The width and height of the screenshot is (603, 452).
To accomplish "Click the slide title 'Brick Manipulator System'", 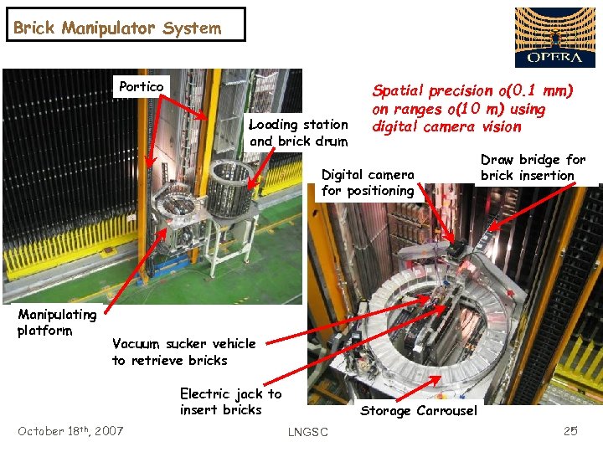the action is tap(117, 28).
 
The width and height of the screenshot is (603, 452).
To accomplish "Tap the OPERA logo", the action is tap(555, 38).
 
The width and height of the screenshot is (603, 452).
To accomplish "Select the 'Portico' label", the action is tap(142, 86).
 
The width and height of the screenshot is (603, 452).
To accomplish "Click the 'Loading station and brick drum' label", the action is tap(298, 132).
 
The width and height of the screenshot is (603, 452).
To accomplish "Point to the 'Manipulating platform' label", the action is tap(57, 322).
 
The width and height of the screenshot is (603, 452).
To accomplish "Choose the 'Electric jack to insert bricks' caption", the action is tap(231, 401).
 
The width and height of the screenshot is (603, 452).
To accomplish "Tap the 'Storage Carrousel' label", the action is tap(419, 411).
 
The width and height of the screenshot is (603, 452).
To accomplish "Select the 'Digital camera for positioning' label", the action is tap(368, 183).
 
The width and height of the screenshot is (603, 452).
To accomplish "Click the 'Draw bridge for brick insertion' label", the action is tap(533, 167).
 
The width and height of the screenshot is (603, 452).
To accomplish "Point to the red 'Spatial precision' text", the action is tap(472, 108).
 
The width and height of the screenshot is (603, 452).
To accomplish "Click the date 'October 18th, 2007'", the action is tap(70, 431).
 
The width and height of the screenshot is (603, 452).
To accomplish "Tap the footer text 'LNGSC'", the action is tap(308, 432).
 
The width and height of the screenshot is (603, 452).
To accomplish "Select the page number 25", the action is tap(570, 431).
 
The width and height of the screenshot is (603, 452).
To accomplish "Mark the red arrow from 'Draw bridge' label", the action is tap(533, 207).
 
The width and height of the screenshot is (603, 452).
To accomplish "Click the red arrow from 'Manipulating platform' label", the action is tap(136, 270).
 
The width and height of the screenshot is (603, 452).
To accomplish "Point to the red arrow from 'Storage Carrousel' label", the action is tap(419, 388).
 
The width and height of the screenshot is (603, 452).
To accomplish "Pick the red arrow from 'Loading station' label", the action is tap(261, 168).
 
